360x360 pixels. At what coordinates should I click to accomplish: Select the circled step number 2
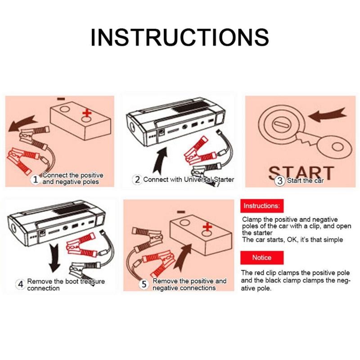pyautogui.click(x=137, y=179)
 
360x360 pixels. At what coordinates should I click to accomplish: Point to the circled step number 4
pyautogui.click(x=20, y=284)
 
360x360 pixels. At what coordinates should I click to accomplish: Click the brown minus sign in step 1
pyautogui.click(x=61, y=99)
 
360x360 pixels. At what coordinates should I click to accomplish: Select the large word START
pyautogui.click(x=301, y=172)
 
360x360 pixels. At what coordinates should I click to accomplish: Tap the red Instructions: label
pyautogui.click(x=261, y=206)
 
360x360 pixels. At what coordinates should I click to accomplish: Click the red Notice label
pyautogui.click(x=261, y=258)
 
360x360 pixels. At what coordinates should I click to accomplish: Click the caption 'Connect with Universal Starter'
pyautogui.click(x=189, y=179)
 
